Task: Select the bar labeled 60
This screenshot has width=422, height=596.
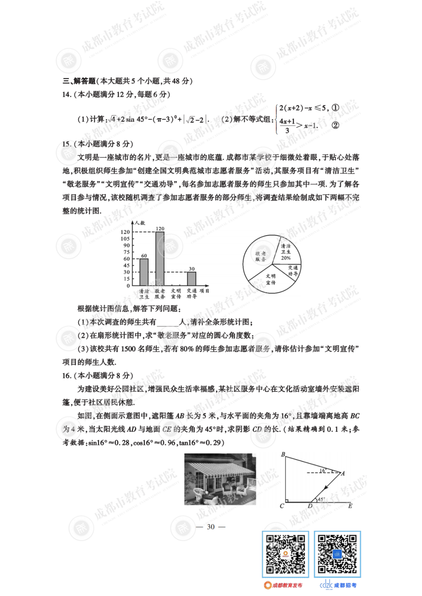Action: [x=144, y=272]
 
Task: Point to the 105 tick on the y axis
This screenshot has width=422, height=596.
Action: [x=125, y=238]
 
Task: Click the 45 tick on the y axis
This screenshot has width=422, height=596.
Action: [x=126, y=265]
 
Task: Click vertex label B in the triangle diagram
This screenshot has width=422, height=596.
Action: [x=283, y=454]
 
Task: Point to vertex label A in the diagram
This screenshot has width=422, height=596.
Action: [x=343, y=473]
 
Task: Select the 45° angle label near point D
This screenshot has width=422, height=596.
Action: [x=321, y=499]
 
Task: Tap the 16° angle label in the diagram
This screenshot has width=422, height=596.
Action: [x=323, y=470]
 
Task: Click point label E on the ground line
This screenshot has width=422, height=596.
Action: [x=350, y=506]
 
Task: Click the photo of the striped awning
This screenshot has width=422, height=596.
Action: [x=220, y=479]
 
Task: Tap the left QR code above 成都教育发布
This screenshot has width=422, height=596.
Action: [x=285, y=554]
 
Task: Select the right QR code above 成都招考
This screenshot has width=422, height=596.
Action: [x=337, y=554]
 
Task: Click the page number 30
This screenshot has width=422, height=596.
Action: [x=211, y=527]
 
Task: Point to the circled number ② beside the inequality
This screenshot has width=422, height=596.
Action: [x=335, y=125]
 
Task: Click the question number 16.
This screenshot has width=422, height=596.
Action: [x=66, y=375]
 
